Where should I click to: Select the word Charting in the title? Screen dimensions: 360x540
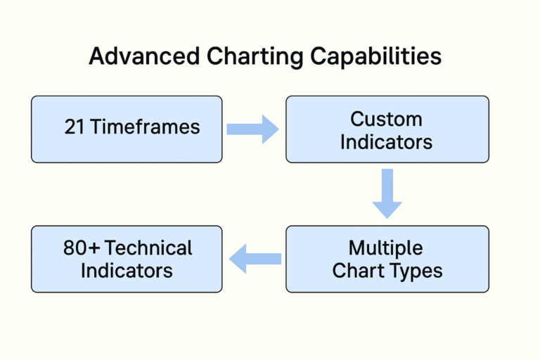click(241, 57)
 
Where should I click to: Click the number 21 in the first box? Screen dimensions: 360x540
click(75, 127)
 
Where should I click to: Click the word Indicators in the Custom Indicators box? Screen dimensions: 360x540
click(386, 141)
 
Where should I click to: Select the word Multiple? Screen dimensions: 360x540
click(386, 247)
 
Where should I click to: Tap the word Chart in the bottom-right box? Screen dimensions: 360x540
click(359, 271)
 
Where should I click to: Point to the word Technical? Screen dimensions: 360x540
click(148, 247)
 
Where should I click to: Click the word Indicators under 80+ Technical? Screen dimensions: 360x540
click(127, 271)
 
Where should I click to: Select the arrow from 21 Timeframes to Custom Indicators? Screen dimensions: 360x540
click(252, 129)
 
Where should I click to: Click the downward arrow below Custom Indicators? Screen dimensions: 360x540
click(387, 194)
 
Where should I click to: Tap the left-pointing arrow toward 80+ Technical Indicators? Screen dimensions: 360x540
click(255, 259)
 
